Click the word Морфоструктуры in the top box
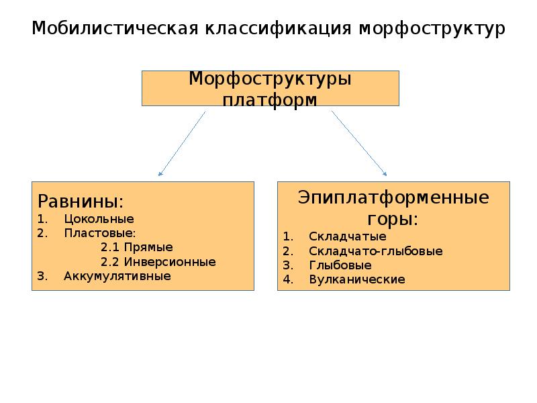270,79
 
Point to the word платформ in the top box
270,99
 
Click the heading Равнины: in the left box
80,201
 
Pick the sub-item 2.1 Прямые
136,247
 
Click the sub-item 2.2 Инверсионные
158,261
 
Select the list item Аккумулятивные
117,275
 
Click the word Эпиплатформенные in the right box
393,199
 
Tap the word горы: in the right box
393,219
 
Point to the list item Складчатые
347,236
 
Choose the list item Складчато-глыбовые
375,251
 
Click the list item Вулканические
357,279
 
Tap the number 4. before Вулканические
288,279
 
